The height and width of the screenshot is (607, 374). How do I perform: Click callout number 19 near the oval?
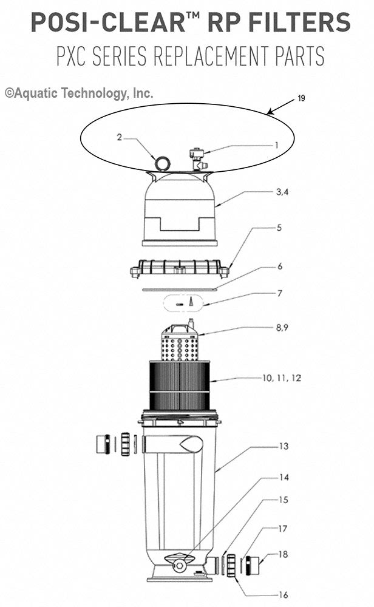301,99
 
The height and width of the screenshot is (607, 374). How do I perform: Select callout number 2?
120,137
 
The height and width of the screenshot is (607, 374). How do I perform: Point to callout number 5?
279,228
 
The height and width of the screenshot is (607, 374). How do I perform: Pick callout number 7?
279,293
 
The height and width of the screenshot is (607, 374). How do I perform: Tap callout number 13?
283,446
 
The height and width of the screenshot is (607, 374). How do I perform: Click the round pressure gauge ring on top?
162,163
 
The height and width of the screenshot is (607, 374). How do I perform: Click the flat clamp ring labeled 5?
180,268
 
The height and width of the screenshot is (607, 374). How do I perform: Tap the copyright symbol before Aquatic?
8,93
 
